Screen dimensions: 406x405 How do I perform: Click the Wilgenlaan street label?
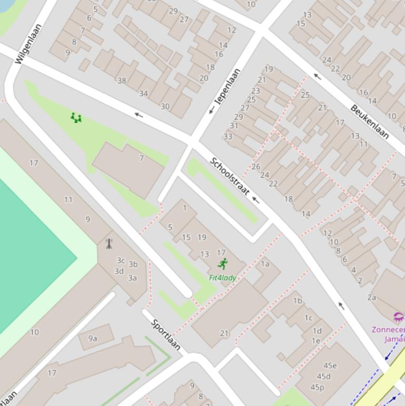pos(28,44)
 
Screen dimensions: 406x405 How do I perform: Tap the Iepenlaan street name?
pos(228,86)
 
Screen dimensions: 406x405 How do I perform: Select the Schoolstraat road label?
pos(230,177)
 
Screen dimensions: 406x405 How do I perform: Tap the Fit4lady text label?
pos(222,278)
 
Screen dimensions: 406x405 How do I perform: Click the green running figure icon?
pos(223,264)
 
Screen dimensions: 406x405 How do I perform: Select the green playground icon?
pos(76,118)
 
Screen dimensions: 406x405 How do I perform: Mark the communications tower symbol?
pos(109,244)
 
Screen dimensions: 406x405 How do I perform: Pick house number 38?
pos(122,81)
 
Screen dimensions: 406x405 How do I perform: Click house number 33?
pos(228,136)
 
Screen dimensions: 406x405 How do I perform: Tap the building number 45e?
pos(330,365)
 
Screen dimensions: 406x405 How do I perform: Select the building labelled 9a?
pos(93,339)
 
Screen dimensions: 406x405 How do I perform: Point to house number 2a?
pos(372,297)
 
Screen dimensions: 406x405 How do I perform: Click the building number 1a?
pos(265,264)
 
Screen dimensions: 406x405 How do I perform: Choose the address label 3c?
pos(121,260)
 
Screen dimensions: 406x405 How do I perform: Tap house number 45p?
pos(317,388)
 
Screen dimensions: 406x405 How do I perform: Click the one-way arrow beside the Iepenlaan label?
pos(212,110)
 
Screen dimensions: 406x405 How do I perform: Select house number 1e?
pos(315,341)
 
